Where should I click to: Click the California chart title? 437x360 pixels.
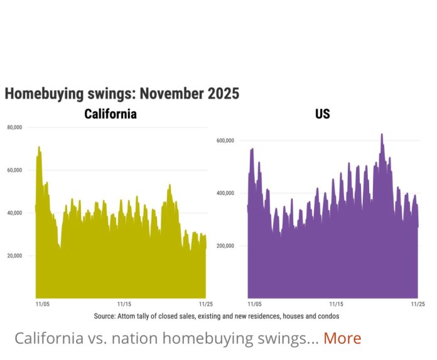(111, 114)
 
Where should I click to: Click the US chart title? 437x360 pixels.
(322, 114)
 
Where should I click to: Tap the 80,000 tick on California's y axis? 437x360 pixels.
(14, 127)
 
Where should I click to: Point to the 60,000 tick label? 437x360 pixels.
(14, 170)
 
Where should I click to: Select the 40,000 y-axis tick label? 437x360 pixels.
(14, 213)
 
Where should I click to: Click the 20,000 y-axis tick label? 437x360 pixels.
(14, 255)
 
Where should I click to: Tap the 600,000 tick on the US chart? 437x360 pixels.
(225, 140)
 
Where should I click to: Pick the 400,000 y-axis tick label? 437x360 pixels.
(225, 193)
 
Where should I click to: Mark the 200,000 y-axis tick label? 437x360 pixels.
(225, 245)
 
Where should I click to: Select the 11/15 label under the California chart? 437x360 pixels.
(123, 304)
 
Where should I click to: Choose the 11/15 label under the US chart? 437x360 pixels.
(336, 304)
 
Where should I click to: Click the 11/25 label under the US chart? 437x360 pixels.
(417, 304)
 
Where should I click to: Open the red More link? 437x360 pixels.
(342, 339)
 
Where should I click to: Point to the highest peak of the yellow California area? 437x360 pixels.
(38, 147)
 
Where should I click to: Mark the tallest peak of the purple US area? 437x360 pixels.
(381, 134)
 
